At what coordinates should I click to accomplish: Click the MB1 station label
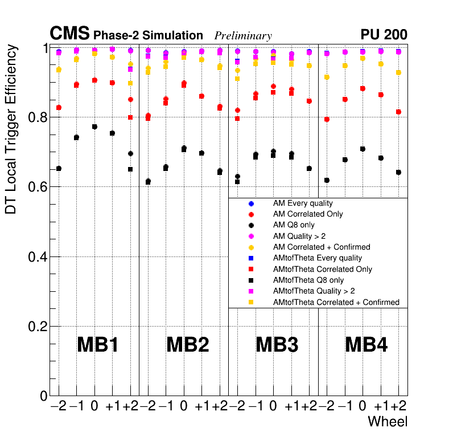point(97,345)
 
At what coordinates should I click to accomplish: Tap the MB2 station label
point(187,345)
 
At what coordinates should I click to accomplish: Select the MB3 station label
point(277,345)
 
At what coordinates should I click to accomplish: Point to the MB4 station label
point(366,345)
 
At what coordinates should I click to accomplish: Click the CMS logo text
point(69,34)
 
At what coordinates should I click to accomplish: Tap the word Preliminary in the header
point(243,36)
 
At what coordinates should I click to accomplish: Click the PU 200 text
point(384,35)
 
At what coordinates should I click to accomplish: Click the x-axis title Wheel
point(388,422)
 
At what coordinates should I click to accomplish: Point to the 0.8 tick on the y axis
point(38,117)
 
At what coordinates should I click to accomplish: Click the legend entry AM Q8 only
point(294,225)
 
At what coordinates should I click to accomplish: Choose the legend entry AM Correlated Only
point(308,214)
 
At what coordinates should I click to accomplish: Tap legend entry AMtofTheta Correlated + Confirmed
point(336,302)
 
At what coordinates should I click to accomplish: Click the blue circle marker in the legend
point(251,203)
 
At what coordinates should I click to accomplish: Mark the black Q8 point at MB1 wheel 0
point(94,127)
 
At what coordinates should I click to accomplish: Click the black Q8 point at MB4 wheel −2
point(327,180)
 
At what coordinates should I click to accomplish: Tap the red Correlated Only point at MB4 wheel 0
point(363,88)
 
